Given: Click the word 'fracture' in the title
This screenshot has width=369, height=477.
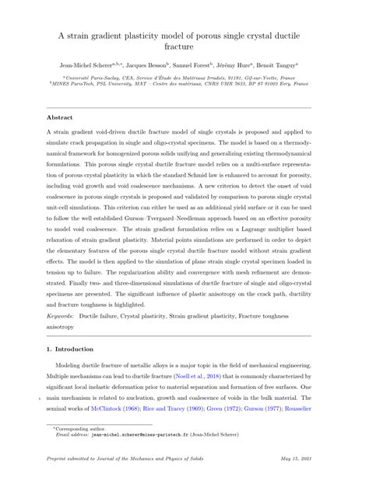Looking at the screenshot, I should pyautogui.click(x=184, y=47).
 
